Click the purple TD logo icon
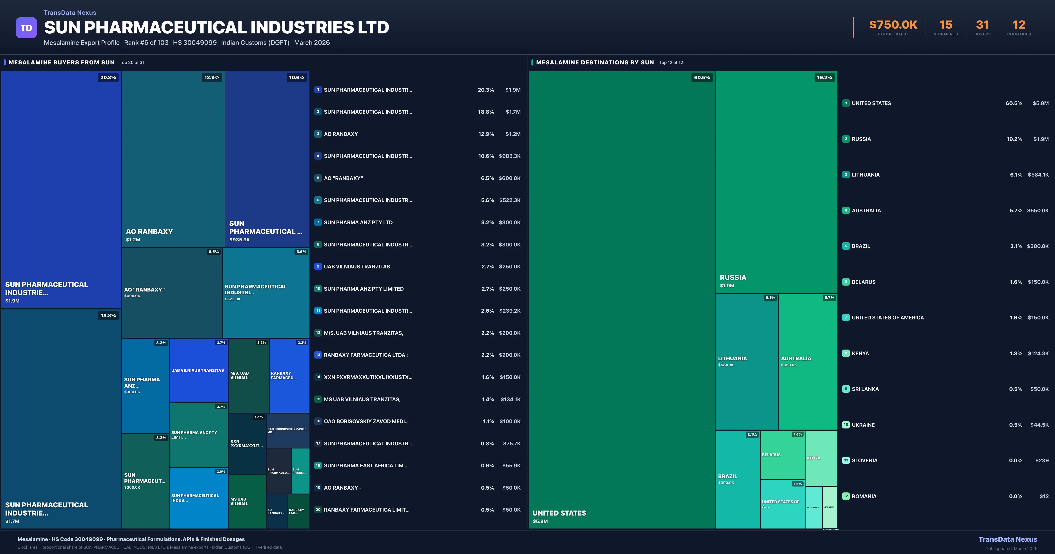(26, 28)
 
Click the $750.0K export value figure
(893, 25)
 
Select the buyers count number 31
(982, 25)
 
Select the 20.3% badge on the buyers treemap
(108, 77)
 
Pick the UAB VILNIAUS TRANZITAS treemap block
(199, 370)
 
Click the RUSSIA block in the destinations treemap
(776, 182)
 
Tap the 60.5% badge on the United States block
(702, 77)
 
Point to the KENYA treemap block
(821, 458)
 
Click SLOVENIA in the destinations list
(865, 461)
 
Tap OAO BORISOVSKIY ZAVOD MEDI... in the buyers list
(366, 421)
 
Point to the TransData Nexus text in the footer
(1008, 539)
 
